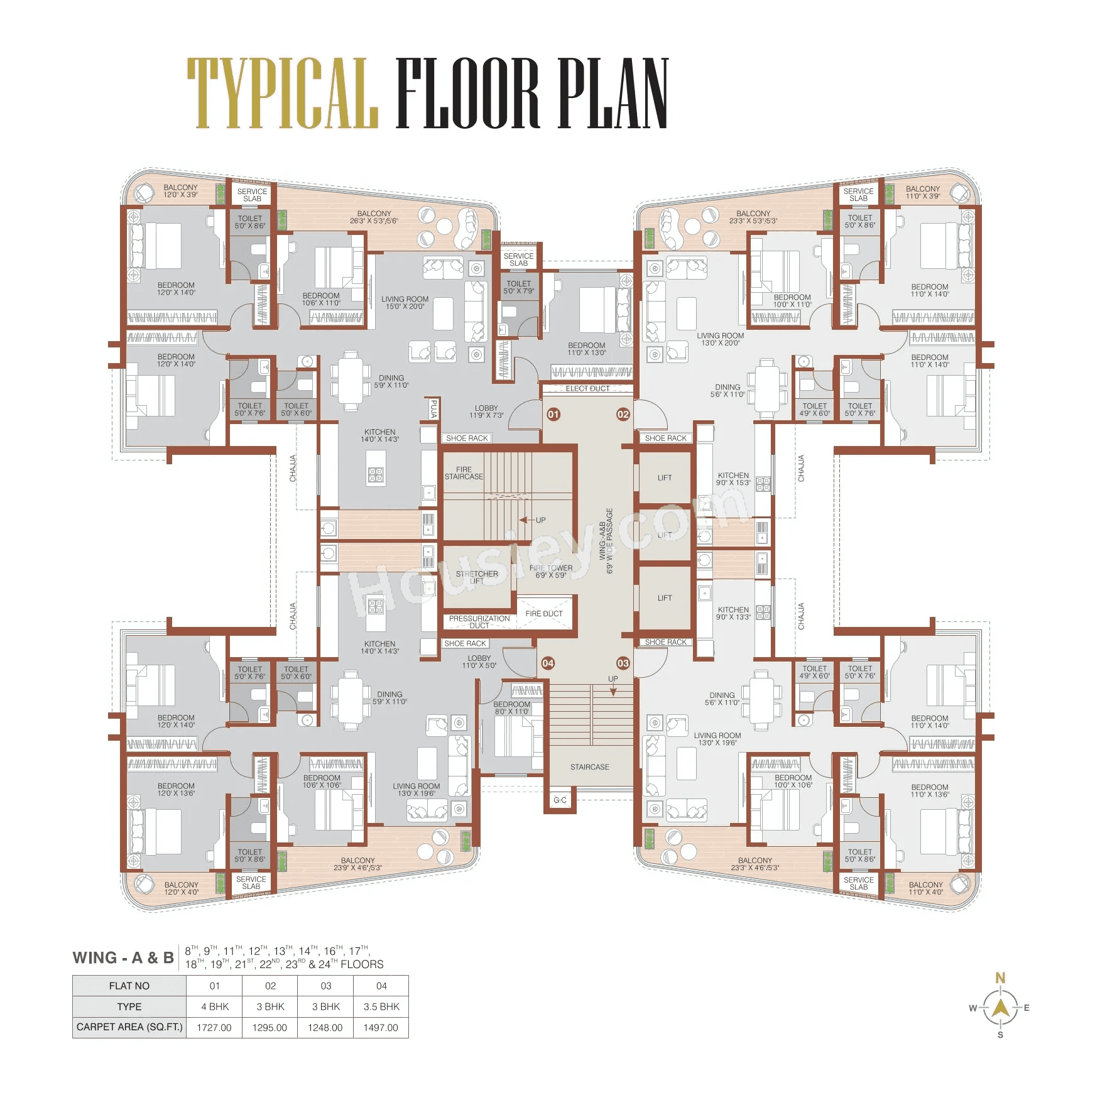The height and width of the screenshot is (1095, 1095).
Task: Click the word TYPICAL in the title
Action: [x=283, y=93]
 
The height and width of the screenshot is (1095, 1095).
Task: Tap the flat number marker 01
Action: [x=553, y=414]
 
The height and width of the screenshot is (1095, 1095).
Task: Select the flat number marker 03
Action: [x=623, y=663]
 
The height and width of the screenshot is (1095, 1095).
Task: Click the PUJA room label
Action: [x=433, y=410]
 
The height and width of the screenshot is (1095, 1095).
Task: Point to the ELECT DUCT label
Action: [x=587, y=389]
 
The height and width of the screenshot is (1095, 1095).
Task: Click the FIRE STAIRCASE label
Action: [x=464, y=473]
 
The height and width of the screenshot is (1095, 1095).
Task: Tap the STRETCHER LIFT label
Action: [x=477, y=577]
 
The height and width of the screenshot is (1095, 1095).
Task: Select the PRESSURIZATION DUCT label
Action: [x=479, y=622]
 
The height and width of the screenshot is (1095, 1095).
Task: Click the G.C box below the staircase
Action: [x=560, y=800]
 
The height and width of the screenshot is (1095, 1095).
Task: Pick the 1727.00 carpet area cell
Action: [x=214, y=1028]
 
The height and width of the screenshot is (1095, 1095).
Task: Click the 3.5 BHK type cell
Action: [x=381, y=1006]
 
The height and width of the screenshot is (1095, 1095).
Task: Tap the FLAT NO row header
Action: [x=129, y=986]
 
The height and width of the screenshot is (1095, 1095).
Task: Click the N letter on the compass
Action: [x=1000, y=978]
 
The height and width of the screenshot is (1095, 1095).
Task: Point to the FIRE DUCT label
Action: [x=544, y=614]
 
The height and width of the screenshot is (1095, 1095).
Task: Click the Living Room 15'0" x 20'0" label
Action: [x=405, y=303]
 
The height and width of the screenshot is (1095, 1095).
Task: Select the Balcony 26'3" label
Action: [x=374, y=217]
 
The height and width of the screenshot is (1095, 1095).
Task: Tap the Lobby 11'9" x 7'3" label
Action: [x=486, y=411]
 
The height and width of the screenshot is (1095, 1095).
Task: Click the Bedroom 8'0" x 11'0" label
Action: [x=511, y=708]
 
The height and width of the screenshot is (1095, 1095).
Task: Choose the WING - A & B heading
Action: [x=123, y=958]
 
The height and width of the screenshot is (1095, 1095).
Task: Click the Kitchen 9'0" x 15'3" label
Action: [x=733, y=479]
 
